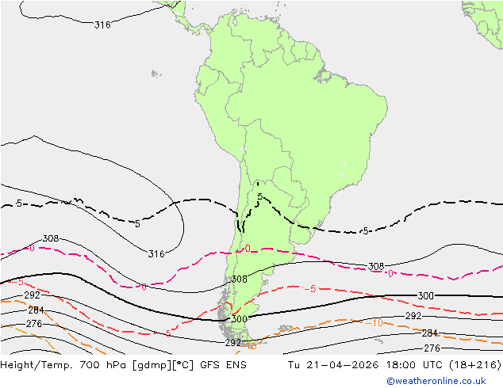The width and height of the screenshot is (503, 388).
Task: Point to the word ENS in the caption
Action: (x=236, y=365)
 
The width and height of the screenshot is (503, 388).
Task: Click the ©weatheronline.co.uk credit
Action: (x=442, y=381)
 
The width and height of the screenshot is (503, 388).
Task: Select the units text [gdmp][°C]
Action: (x=165, y=365)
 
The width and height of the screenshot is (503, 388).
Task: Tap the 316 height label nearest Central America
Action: (x=102, y=25)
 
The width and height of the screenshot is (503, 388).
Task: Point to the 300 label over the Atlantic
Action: (x=425, y=296)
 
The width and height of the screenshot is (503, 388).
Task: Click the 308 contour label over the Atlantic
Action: (x=376, y=267)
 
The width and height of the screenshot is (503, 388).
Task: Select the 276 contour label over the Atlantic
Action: (x=432, y=348)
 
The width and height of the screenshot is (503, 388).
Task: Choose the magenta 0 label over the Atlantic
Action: (x=390, y=274)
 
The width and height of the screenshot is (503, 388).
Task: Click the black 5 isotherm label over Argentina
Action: (x=259, y=196)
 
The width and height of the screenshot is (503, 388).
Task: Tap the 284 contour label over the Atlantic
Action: (x=429, y=333)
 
